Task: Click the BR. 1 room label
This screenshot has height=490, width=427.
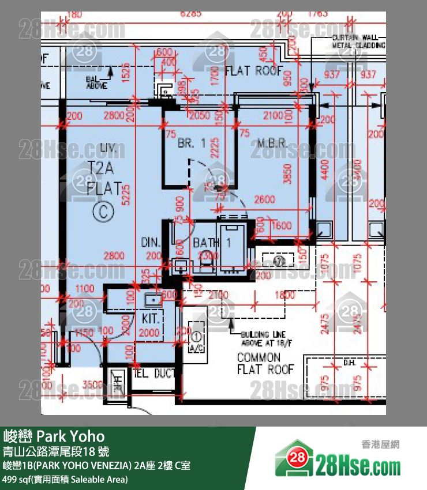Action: pyautogui.click(x=192, y=144)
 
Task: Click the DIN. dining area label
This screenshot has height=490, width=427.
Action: pyautogui.click(x=151, y=243)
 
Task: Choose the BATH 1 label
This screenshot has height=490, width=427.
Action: pyautogui.click(x=212, y=243)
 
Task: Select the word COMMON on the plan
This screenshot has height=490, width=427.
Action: pyautogui.click(x=259, y=357)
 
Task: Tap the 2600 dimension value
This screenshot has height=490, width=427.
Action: pyautogui.click(x=264, y=200)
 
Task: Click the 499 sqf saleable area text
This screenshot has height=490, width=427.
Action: pyautogui.click(x=65, y=479)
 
